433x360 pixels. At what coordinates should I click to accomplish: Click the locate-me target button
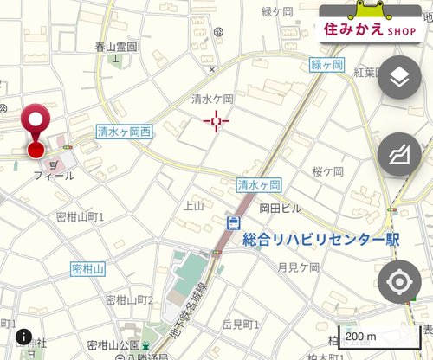(399, 282)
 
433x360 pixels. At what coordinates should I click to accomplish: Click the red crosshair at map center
(216, 122)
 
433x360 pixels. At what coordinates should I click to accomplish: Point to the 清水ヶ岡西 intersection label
(124, 132)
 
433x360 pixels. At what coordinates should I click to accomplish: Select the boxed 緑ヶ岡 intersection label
(326, 66)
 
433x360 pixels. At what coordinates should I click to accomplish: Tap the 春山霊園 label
(116, 48)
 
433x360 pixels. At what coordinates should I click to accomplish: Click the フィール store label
(54, 176)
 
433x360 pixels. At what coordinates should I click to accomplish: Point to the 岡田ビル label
(280, 209)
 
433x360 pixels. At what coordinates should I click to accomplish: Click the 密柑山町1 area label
(80, 216)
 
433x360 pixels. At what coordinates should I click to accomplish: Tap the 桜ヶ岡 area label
(328, 171)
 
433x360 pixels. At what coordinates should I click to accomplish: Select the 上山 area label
(193, 205)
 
